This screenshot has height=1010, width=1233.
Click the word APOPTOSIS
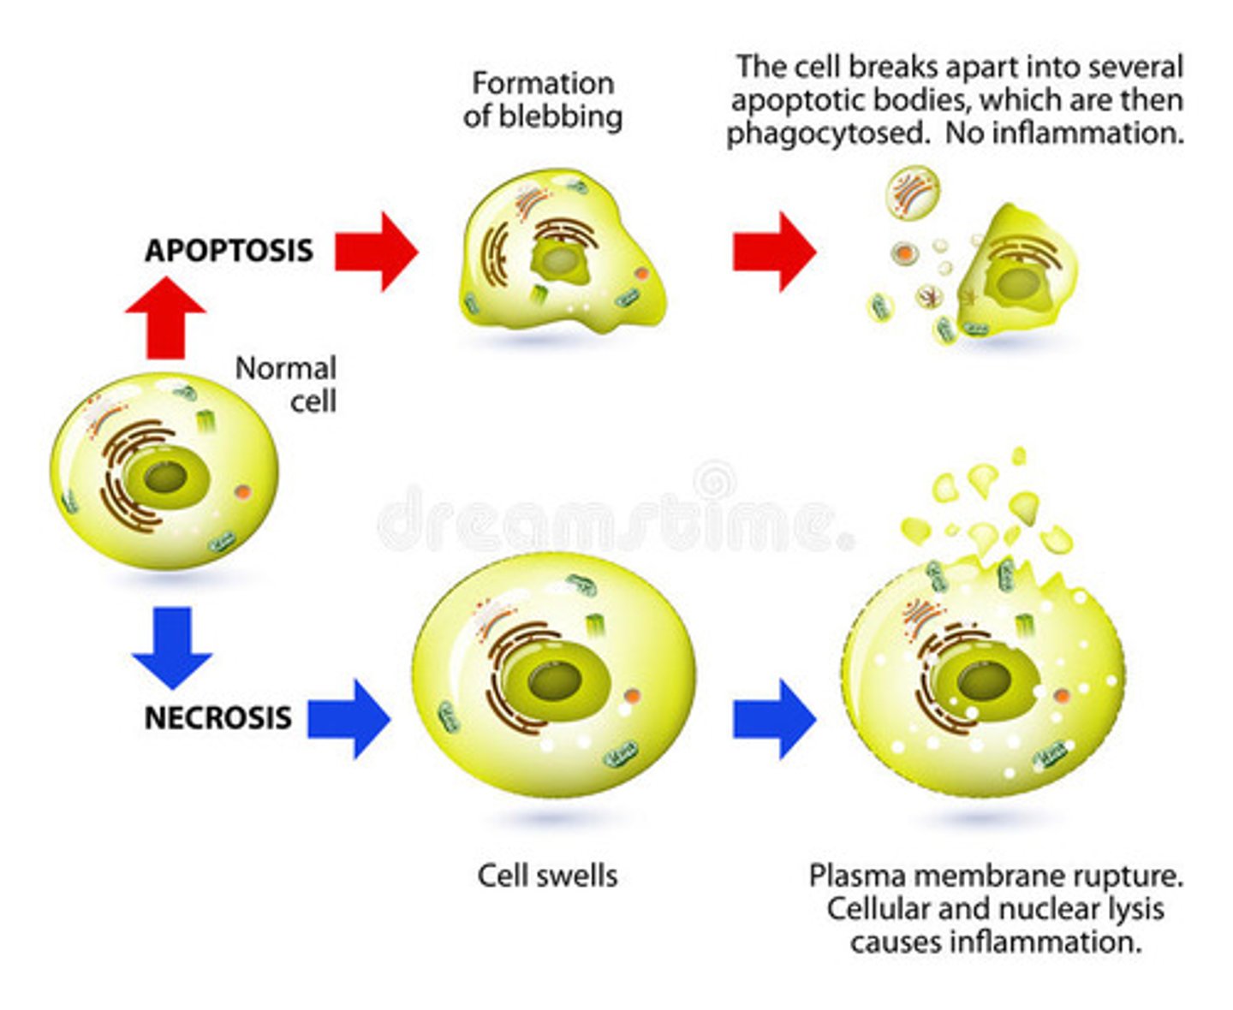pyautogui.click(x=229, y=251)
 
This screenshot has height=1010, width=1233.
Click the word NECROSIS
pyautogui.click(x=217, y=717)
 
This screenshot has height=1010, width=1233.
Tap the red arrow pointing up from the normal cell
pyautogui.click(x=165, y=317)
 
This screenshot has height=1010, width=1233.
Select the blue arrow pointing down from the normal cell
pyautogui.click(x=172, y=647)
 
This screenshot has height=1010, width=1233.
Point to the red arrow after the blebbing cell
pyautogui.click(x=773, y=252)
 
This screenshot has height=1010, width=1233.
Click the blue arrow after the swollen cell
pyautogui.click(x=773, y=718)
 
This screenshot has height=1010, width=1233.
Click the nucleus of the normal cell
pyautogui.click(x=165, y=477)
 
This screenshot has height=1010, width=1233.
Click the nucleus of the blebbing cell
pyautogui.click(x=559, y=259)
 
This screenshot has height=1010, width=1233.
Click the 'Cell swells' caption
pyautogui.click(x=547, y=876)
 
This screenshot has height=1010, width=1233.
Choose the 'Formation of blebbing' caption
pyautogui.click(x=542, y=99)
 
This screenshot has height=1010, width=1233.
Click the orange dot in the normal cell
pyautogui.click(x=244, y=492)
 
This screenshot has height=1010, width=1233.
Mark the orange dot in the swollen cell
pyautogui.click(x=632, y=697)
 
